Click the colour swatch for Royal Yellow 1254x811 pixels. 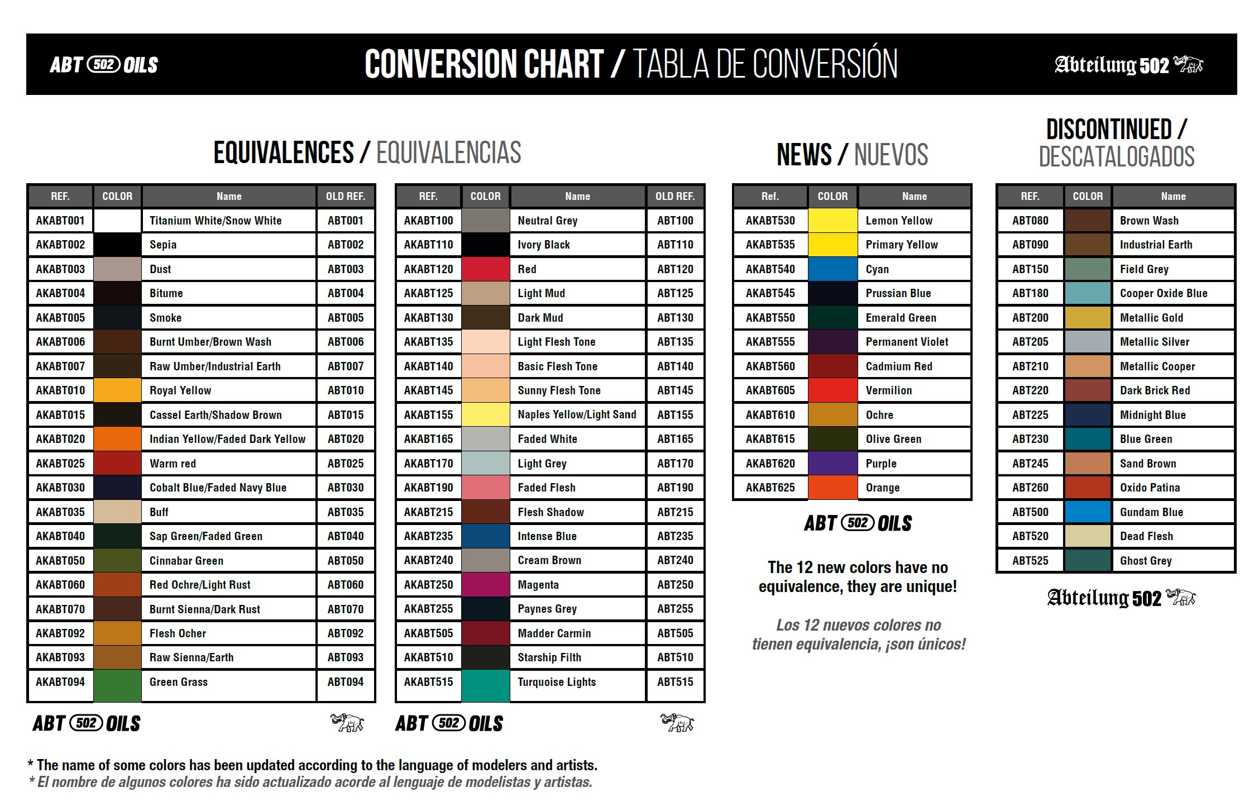pos(117,390)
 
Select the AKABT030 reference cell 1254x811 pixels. pos(60,488)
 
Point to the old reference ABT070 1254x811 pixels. pos(346,609)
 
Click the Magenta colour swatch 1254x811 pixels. pos(485,585)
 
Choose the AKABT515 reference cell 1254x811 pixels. pos(428,682)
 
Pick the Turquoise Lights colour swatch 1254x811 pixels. pos(485,684)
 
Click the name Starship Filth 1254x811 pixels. pos(549,657)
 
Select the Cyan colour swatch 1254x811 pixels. pos(832,269)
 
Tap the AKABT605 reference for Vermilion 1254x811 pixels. pos(770,390)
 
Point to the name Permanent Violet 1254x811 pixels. pos(907,342)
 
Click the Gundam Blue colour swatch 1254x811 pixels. pos(1088,512)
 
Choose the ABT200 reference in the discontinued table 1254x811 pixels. pos(1030,318)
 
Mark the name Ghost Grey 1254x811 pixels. pos(1146,561)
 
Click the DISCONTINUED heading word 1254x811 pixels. pos(1109,130)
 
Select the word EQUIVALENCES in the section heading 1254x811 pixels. pos(284,152)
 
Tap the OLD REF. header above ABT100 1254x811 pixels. pos(675,197)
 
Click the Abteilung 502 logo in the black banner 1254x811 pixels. pos(1128,65)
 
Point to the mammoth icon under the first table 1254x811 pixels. pos(347,723)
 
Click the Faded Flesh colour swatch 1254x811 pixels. pos(485,488)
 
